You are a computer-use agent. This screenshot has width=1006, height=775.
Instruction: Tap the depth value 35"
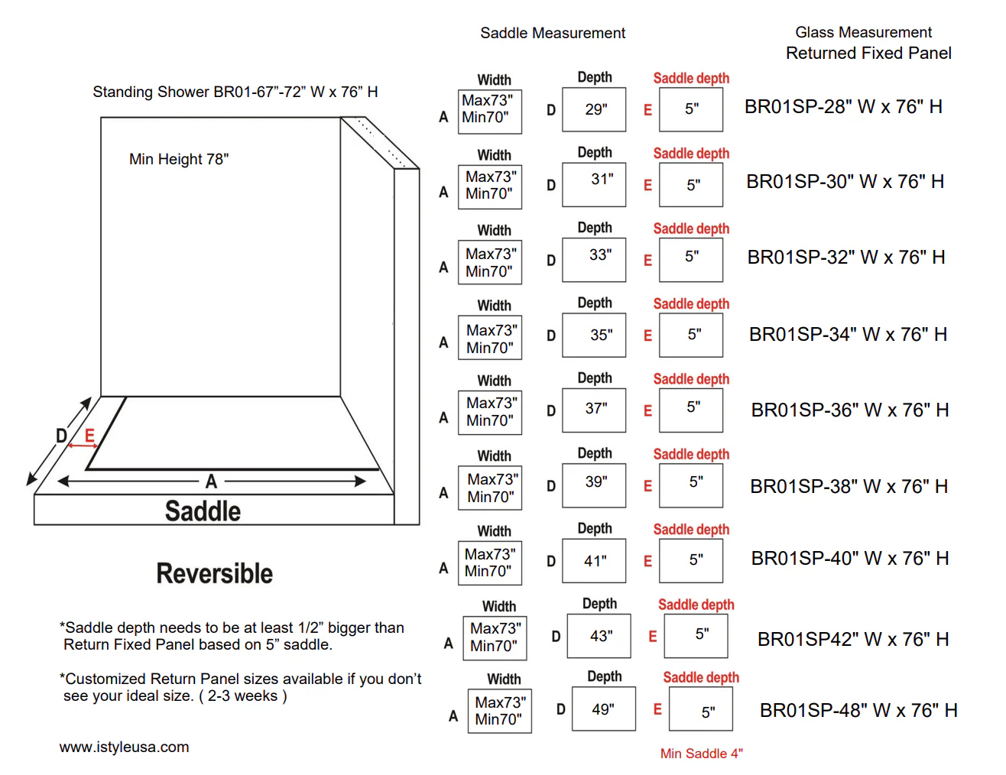tap(602, 335)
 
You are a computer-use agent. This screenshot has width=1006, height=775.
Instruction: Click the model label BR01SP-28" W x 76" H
tap(843, 107)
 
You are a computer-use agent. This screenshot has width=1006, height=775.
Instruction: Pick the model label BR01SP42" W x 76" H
tap(853, 639)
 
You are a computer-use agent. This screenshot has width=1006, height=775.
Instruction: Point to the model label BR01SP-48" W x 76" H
tap(858, 710)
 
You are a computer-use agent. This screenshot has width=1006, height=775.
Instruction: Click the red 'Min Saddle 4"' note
tap(702, 754)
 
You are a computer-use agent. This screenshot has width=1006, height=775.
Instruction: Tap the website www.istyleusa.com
tap(124, 747)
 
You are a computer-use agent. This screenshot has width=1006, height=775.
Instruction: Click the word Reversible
tap(214, 573)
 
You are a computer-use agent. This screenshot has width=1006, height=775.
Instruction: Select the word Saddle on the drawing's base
tap(203, 511)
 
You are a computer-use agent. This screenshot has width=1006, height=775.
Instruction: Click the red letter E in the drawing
tap(89, 435)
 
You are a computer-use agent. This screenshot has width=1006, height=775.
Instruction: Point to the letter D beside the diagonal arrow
tap(62, 436)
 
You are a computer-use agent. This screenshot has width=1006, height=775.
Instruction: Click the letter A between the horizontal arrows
tap(211, 482)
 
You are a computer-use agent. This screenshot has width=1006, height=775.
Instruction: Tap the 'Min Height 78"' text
tap(179, 159)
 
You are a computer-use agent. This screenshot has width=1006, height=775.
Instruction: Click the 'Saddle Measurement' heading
tap(552, 33)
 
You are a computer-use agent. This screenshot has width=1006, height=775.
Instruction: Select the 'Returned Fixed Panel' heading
tap(868, 54)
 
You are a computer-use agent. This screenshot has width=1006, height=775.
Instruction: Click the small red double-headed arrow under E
tap(83, 446)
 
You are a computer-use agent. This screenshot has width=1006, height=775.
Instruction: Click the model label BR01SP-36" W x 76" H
tap(850, 410)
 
